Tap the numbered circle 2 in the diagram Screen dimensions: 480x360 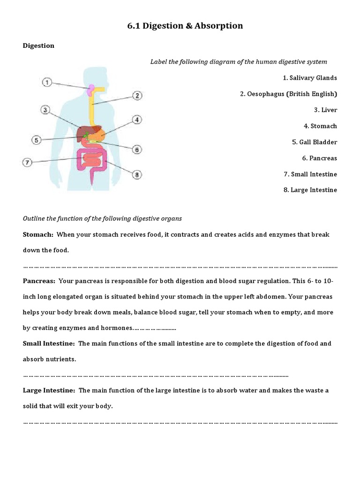[x=137, y=96]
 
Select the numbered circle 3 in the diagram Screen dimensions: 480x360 [x=45, y=110]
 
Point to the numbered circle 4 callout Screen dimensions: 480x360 [x=137, y=120]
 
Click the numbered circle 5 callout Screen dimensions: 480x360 [x=37, y=139]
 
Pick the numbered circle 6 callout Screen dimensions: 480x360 [x=136, y=150]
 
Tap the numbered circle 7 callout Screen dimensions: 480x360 [x=28, y=163]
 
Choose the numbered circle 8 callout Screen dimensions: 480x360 [x=137, y=175]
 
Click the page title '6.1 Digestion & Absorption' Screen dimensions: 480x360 [x=185, y=26]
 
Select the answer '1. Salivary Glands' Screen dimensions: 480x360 [x=307, y=78]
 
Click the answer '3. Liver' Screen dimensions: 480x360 [x=325, y=110]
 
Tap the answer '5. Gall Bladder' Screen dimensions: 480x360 [x=315, y=142]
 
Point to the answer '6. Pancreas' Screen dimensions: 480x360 [x=320, y=158]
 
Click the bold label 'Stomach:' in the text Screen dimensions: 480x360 [x=38, y=234]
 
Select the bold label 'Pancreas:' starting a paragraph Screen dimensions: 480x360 [x=39, y=280]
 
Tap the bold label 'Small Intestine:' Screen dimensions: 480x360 [x=49, y=344]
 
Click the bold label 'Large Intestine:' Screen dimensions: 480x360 [x=49, y=390]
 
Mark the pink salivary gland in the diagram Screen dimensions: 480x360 [x=93, y=88]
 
